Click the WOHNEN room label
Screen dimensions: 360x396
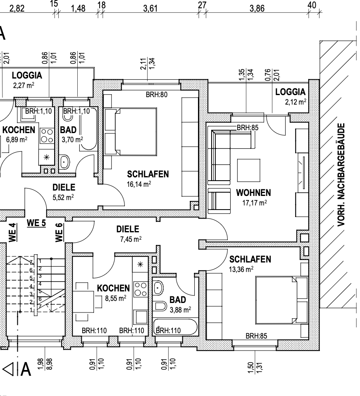point(253,193)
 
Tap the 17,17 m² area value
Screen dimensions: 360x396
point(255,203)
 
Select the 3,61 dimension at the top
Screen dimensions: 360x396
point(150,8)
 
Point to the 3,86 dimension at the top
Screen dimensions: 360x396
point(257,8)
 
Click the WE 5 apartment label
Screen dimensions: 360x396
point(36,223)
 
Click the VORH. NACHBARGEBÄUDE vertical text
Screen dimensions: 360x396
point(341,175)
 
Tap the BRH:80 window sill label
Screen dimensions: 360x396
point(157,95)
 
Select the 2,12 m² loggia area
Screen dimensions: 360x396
point(296,102)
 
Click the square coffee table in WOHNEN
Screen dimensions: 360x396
point(249,170)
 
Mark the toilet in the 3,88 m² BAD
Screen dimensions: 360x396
point(160,306)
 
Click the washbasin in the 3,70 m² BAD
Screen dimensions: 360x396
point(64,162)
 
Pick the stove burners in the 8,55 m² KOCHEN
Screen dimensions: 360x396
point(141,289)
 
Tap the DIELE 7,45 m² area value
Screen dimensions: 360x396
point(131,239)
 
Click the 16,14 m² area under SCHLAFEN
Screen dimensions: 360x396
point(139,184)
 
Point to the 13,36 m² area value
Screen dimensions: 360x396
point(241,269)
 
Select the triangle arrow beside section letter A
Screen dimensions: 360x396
point(8,369)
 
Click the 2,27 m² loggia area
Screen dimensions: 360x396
point(24,85)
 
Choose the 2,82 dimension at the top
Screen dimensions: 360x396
point(17,8)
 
